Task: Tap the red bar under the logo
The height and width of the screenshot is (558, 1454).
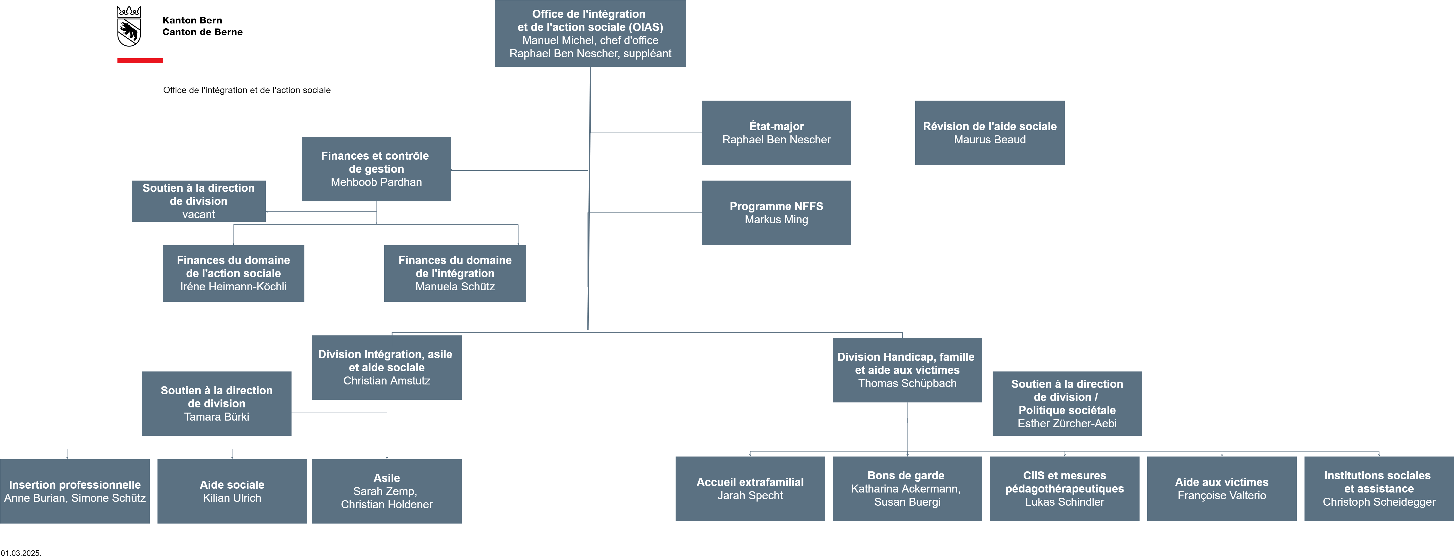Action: pos(140,60)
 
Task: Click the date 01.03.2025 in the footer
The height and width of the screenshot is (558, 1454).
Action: pos(21,553)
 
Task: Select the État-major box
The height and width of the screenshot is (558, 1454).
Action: pos(776,133)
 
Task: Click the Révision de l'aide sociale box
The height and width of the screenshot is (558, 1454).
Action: pos(990,133)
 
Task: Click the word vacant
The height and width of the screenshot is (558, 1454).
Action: pos(199,215)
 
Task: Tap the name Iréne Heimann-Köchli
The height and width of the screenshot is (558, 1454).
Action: pos(233,286)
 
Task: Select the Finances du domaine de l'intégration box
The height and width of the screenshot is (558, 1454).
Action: pos(455,273)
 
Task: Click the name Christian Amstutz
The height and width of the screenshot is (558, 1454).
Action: pos(387,381)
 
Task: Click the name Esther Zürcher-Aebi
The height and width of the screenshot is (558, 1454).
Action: pos(1067,424)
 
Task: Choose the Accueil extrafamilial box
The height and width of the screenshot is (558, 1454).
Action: pos(750,489)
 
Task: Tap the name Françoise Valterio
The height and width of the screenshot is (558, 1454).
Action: pos(1222,495)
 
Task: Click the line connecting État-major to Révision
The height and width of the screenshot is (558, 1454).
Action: pos(883,134)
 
